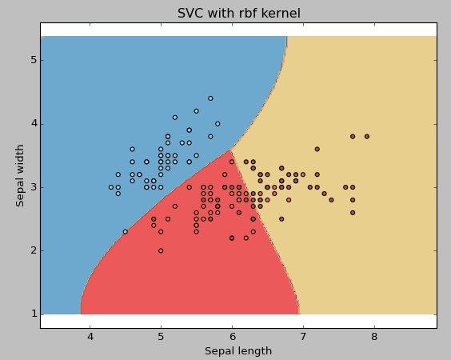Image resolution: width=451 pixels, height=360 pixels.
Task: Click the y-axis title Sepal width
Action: click(x=21, y=175)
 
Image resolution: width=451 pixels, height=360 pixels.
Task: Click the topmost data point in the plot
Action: click(x=210, y=98)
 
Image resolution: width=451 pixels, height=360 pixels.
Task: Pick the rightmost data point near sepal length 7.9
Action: click(x=367, y=136)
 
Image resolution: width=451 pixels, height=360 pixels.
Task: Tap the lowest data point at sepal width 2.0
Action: click(x=161, y=250)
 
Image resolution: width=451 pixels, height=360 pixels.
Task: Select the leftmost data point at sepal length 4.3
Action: click(x=111, y=187)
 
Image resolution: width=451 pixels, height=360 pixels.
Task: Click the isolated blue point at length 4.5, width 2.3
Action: click(x=126, y=231)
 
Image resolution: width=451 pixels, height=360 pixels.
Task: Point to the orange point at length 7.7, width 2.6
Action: click(x=353, y=212)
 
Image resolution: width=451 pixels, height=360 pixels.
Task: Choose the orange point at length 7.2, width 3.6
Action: click(x=317, y=149)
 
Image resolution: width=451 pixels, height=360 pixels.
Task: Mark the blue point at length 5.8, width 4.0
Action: click(x=218, y=124)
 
